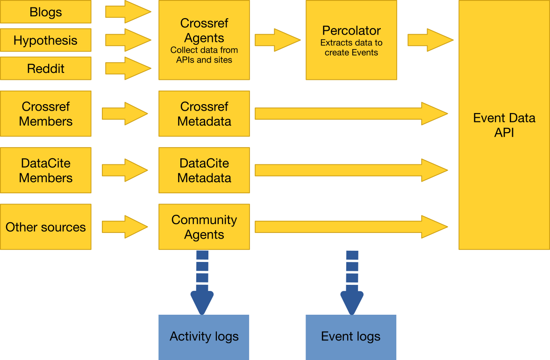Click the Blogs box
tap(45, 12)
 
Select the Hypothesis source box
tap(45, 41)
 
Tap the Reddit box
tap(45, 69)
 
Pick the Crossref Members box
tap(45, 114)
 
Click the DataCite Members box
tap(45, 170)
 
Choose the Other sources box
tap(45, 227)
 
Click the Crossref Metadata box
tap(204, 114)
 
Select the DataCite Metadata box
tap(204, 170)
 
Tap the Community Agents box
tap(204, 227)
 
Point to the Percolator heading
tap(351, 31)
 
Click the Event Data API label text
tap(504, 125)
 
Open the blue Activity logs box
tap(204, 337)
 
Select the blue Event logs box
tap(351, 337)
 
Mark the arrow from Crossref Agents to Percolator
tap(277, 40)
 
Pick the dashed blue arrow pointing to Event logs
tap(352, 282)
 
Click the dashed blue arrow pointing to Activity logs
tap(202, 282)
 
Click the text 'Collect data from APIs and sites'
tap(204, 55)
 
